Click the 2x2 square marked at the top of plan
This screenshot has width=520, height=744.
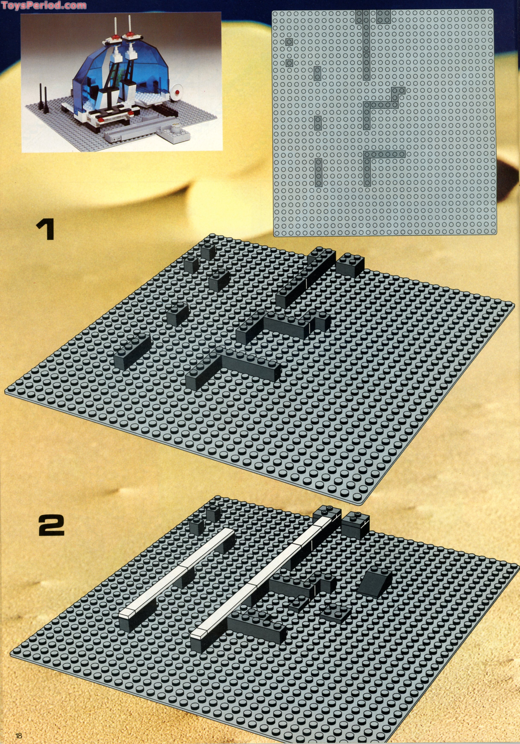384,16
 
